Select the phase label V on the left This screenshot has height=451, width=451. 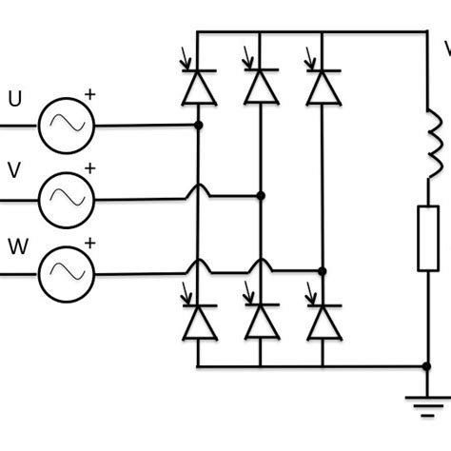click(x=14, y=171)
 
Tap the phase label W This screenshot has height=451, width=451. click(x=17, y=247)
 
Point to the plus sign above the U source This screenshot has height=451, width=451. click(x=90, y=94)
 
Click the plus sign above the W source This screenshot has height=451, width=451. click(x=90, y=244)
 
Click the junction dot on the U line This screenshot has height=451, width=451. click(x=198, y=125)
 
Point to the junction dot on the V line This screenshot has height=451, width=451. click(x=261, y=195)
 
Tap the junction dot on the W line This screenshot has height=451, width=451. click(x=323, y=271)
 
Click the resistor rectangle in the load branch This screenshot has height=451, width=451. click(x=428, y=238)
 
